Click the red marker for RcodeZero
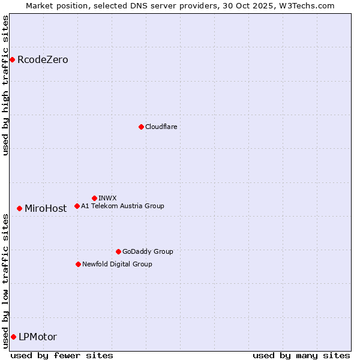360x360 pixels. click(x=12, y=59)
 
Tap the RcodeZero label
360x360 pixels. click(x=43, y=60)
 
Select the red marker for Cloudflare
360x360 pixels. click(x=141, y=127)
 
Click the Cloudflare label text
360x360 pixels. click(x=161, y=127)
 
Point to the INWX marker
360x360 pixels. click(x=94, y=198)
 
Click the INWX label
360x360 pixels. click(x=107, y=198)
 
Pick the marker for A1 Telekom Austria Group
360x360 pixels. click(x=77, y=206)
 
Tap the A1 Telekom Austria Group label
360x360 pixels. click(x=122, y=206)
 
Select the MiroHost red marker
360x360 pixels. click(x=20, y=208)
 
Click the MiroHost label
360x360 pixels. click(x=46, y=209)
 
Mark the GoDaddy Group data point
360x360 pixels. click(x=118, y=251)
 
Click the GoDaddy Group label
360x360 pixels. click(x=148, y=251)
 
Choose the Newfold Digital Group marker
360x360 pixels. click(x=78, y=264)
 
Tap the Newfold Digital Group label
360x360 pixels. click(x=117, y=264)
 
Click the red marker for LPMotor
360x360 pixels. click(x=13, y=337)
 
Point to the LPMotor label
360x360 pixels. click(x=38, y=337)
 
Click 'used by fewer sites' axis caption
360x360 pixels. click(x=62, y=355)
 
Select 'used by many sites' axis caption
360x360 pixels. click(x=301, y=355)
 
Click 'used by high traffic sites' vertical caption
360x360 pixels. click(x=5, y=85)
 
